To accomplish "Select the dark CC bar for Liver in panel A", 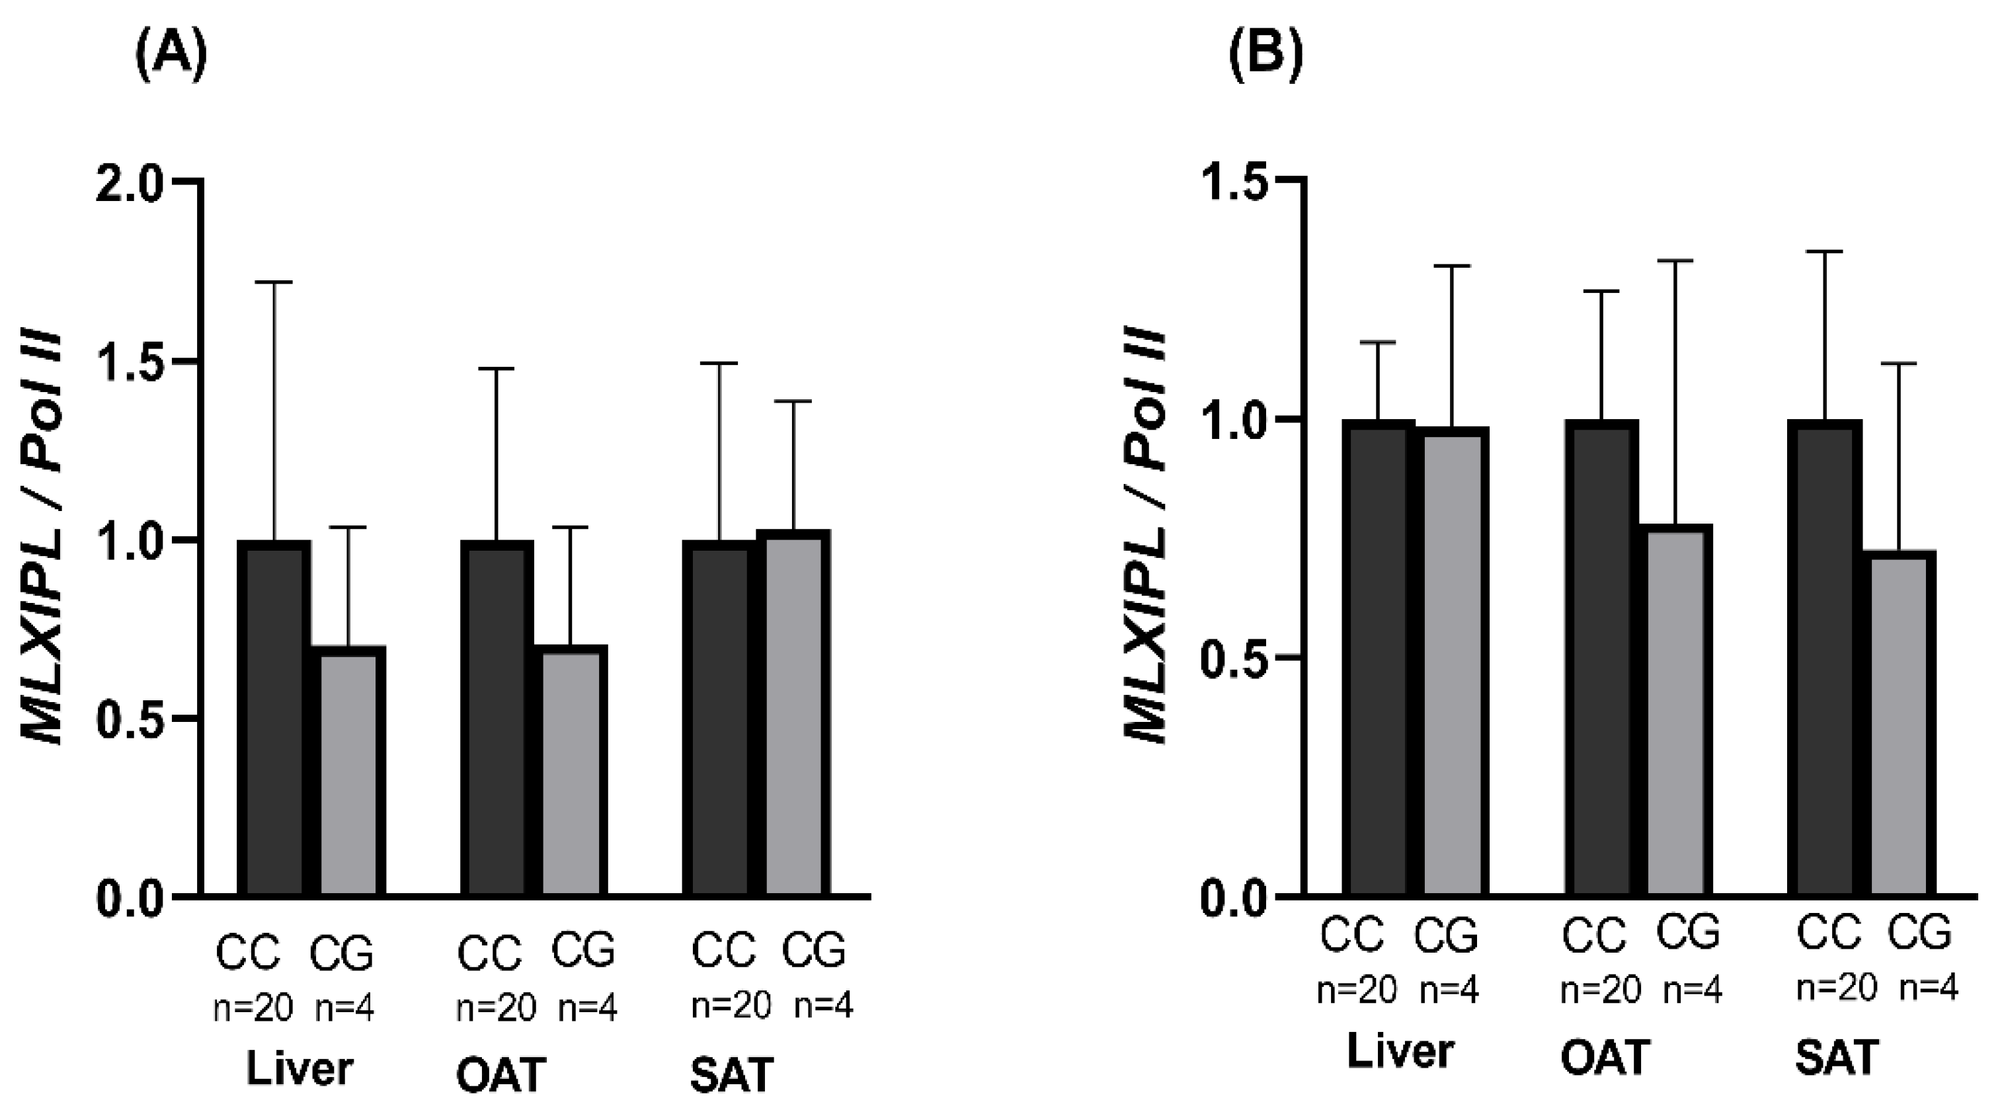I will (x=273, y=719).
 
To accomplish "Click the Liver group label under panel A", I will (x=300, y=1069).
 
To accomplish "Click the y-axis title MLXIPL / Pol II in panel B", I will (x=1146, y=537).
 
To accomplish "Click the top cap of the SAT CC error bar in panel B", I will (x=1824, y=252).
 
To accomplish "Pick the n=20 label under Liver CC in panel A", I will (x=253, y=1009).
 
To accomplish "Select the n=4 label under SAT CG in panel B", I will (x=1929, y=988).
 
